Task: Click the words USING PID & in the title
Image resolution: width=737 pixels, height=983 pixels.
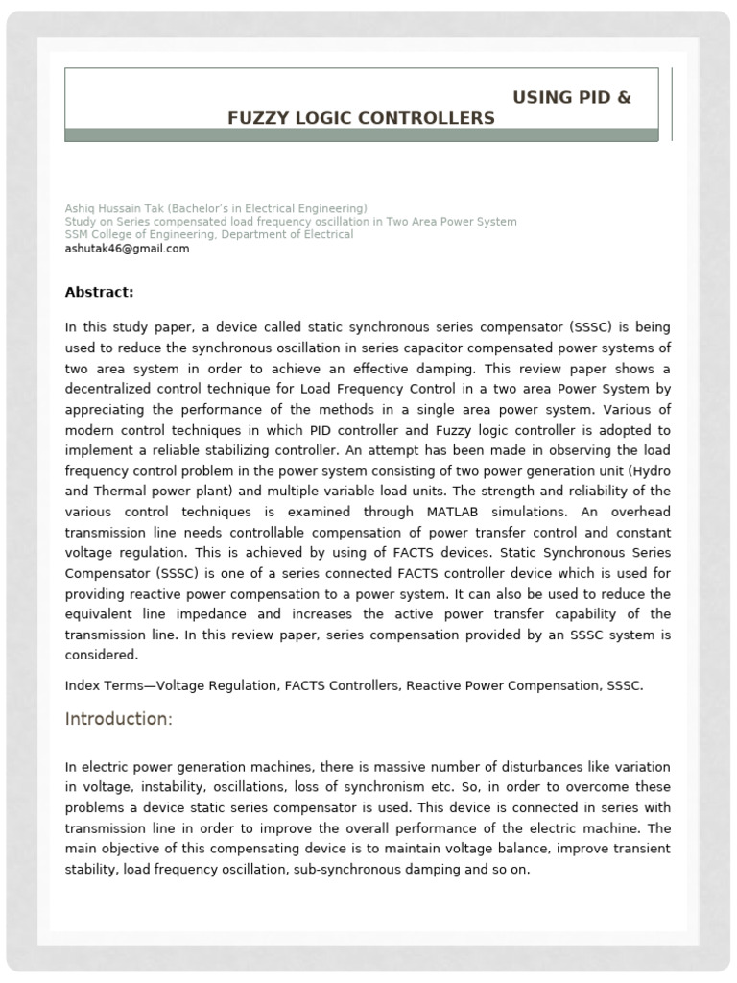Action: [x=572, y=98]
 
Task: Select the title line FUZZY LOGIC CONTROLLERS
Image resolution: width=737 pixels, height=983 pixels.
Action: [x=361, y=118]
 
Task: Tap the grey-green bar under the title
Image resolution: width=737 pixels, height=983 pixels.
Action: [x=361, y=135]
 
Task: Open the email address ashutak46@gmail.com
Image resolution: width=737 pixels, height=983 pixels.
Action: [x=127, y=249]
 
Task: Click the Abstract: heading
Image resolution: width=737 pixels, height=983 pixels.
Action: [x=99, y=292]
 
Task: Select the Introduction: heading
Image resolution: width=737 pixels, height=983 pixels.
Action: [x=118, y=720]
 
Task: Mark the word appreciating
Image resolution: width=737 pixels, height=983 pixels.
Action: [x=105, y=410]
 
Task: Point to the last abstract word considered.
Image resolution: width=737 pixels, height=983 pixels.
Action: [x=102, y=656]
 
